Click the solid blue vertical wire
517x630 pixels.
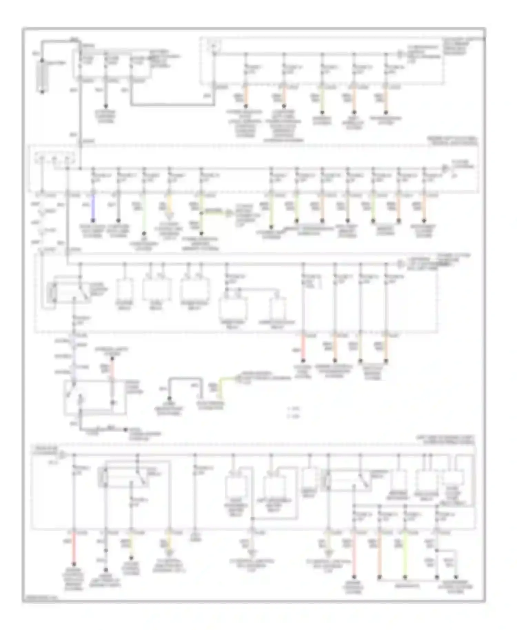coord(92,209)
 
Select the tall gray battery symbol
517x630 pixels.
coord(42,76)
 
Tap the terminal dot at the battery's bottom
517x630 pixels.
coord(42,92)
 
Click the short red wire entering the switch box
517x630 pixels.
coord(112,369)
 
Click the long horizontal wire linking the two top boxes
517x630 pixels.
coord(172,104)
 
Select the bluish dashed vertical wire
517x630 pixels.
coord(73,358)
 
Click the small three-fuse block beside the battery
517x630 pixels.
coord(110,64)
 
